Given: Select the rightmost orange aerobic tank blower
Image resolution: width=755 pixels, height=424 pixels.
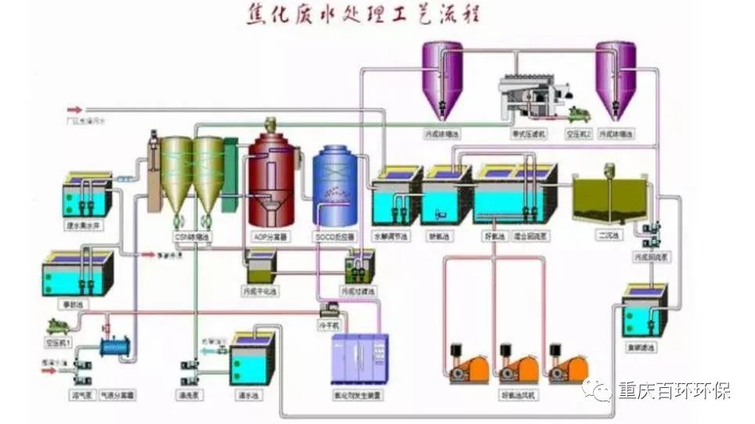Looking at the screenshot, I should pyautogui.click(x=569, y=367).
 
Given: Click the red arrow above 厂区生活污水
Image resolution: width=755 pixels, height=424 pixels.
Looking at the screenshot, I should pyautogui.click(x=74, y=110).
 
